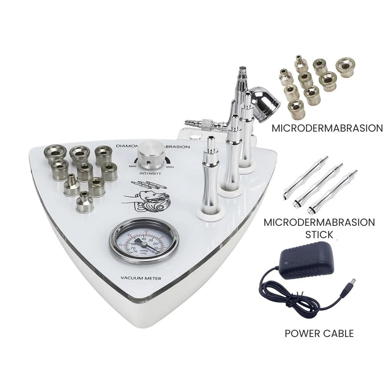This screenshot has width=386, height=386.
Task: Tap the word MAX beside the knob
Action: coord(170,167)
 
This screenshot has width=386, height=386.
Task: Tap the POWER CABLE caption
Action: coord(319,333)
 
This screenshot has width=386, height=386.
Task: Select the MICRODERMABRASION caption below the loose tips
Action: coord(327,128)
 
